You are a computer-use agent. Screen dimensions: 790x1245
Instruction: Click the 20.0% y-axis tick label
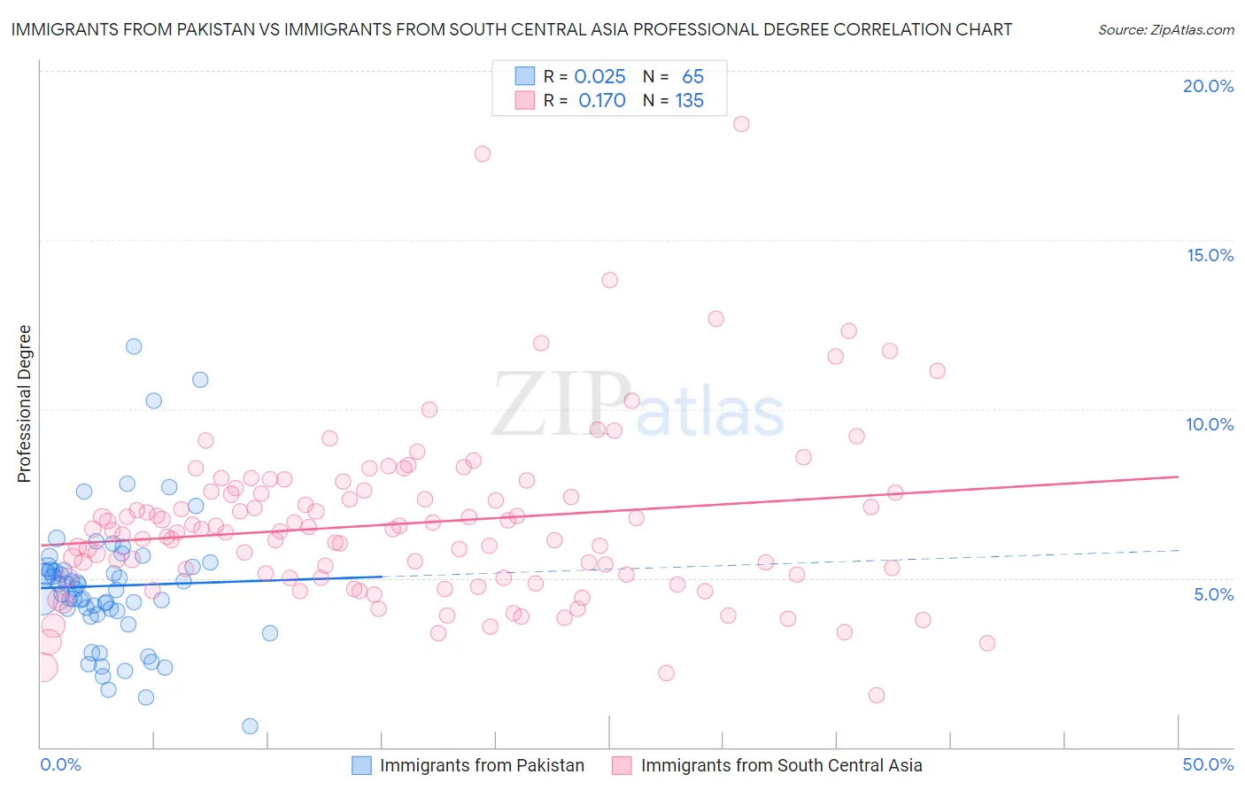coord(1208,86)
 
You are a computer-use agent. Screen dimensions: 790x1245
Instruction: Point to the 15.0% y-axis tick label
coord(1210,255)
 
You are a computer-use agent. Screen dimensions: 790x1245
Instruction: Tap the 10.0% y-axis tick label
coord(1210,424)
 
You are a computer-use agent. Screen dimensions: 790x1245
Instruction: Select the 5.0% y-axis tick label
coord(1213,594)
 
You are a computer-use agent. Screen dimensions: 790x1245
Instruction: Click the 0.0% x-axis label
coord(60,764)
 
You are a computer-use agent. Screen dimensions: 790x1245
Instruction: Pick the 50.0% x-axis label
coord(1208,764)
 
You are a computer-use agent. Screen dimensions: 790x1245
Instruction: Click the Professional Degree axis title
coord(24,404)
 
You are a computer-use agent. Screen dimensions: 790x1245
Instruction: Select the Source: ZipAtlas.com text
coord(1165,30)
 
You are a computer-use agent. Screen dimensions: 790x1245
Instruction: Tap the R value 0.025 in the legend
coord(599,77)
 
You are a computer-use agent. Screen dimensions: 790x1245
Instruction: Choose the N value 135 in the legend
coord(689,101)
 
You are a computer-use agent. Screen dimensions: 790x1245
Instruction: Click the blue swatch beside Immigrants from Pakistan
coord(361,765)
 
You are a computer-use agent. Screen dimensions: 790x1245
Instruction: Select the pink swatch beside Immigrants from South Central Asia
coord(622,765)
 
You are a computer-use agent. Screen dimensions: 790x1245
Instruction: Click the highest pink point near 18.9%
coord(741,124)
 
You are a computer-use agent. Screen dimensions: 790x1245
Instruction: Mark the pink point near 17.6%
coord(483,154)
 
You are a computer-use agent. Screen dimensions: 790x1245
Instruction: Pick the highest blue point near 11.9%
coord(134,346)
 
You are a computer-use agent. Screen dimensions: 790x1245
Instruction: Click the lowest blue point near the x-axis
coord(250,726)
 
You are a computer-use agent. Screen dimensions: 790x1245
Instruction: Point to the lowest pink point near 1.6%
coord(877,695)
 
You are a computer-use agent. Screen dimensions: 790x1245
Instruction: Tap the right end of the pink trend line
coord(1178,476)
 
